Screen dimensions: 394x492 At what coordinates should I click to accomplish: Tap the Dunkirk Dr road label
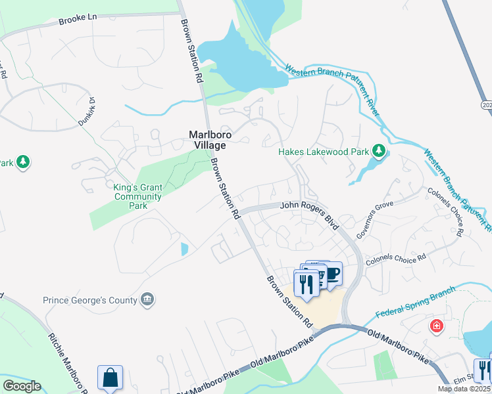[88, 111]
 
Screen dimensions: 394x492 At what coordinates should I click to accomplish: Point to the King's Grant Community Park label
[137, 196]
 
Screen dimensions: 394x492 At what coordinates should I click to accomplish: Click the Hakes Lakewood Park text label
[322, 152]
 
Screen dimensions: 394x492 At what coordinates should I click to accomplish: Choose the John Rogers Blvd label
[309, 215]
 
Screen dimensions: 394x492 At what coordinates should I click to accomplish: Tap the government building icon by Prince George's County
[148, 300]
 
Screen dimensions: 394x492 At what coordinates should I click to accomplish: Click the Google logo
[22, 386]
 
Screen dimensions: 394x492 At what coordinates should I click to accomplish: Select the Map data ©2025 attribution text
[464, 389]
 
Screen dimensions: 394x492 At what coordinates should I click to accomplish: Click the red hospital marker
[435, 326]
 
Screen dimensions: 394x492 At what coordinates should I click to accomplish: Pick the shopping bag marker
[111, 378]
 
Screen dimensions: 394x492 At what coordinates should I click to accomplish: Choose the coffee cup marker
[332, 273]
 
